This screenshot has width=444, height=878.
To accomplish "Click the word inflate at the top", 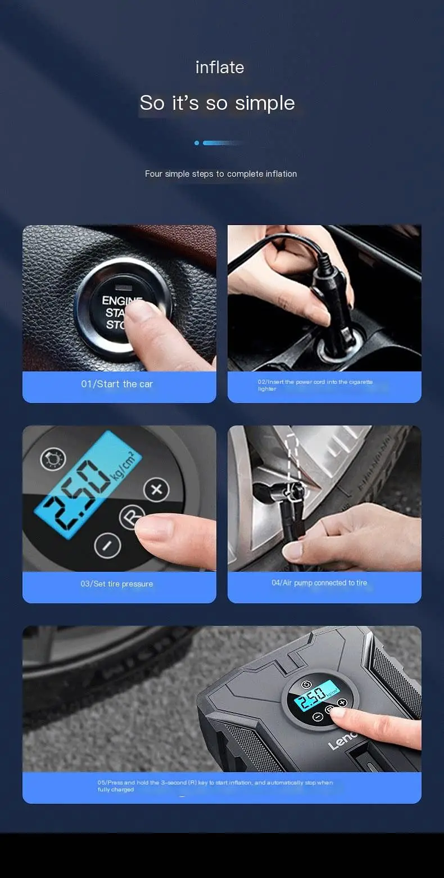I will (220, 68).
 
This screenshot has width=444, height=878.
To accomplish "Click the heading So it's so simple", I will (217, 103).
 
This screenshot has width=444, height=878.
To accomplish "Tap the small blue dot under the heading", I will (197, 143).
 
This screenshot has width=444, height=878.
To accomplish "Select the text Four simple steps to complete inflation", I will (221, 174).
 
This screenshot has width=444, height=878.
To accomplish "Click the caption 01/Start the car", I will (117, 384).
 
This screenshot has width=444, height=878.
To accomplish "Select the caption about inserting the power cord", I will (315, 385).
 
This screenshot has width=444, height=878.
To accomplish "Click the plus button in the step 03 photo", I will (156, 490).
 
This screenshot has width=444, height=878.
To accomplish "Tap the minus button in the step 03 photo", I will (107, 545).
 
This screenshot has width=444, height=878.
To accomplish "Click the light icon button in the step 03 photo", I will (53, 459).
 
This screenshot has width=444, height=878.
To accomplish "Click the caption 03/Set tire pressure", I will (117, 584).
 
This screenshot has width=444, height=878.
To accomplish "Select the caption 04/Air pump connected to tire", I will (319, 583).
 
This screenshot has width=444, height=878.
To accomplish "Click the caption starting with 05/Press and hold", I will (215, 786).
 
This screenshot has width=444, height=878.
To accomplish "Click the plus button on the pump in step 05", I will (342, 703).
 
